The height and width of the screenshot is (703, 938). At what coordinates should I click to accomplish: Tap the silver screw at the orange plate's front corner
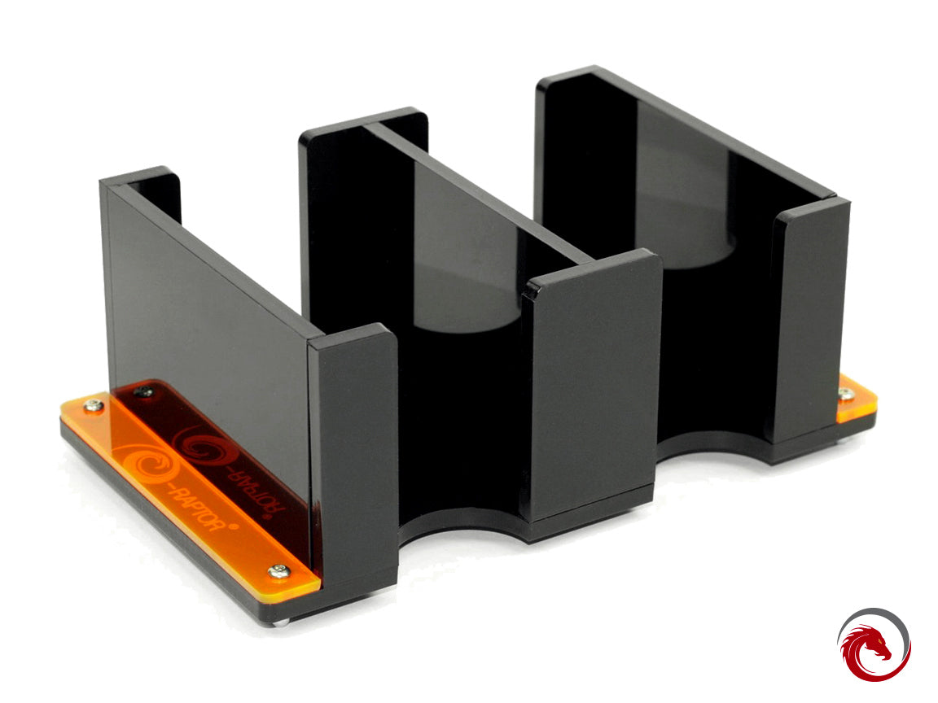click(279, 571)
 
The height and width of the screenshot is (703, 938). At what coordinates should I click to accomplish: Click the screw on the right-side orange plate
click(848, 395)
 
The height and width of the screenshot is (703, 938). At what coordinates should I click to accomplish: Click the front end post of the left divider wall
click(353, 456)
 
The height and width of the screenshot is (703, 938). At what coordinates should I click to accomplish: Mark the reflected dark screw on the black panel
click(144, 393)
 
